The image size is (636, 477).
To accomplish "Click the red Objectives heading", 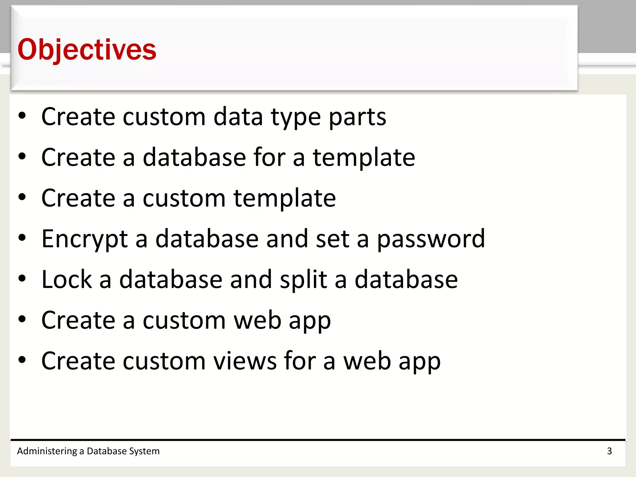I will click(x=87, y=50).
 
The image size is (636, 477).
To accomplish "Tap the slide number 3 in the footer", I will click(x=609, y=451).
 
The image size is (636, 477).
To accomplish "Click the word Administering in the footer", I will click(x=47, y=451).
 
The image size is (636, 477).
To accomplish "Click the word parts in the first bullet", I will click(x=357, y=117).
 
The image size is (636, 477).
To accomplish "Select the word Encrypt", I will click(x=84, y=239).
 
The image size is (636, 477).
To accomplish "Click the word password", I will click(x=431, y=239).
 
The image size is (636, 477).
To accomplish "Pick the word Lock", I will click(x=67, y=279).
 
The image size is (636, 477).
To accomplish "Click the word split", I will click(x=303, y=279).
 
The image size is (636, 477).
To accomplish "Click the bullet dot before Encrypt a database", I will click(x=22, y=238).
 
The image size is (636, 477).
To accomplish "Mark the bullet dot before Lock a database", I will click(x=22, y=279).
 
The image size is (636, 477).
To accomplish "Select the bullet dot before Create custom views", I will click(x=22, y=360).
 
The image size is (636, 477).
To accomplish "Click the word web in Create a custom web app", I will click(x=257, y=320).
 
